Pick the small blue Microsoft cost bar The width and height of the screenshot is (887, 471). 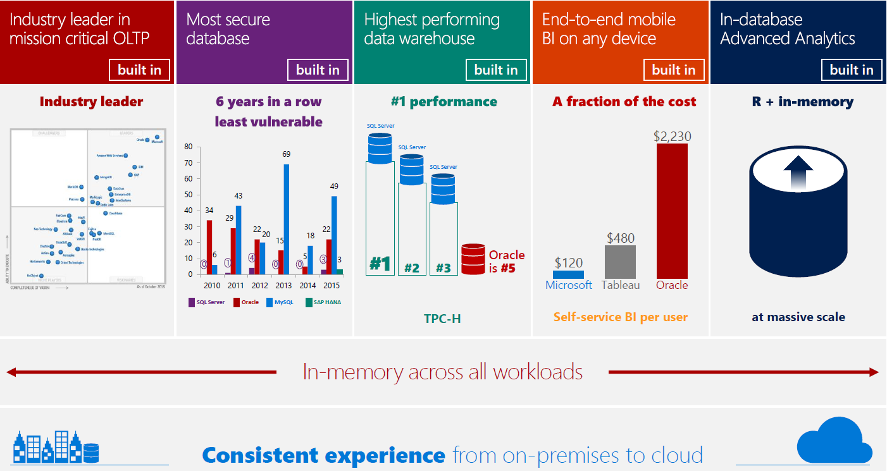click(x=568, y=275)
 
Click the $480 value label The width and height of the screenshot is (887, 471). click(x=620, y=238)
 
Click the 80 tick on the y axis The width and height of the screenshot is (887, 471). click(x=189, y=147)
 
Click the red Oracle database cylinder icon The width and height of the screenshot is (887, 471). click(x=473, y=259)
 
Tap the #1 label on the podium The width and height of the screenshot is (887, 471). click(x=380, y=264)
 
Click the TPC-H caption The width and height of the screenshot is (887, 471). click(x=442, y=319)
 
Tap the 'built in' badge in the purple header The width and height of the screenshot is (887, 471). click(x=318, y=70)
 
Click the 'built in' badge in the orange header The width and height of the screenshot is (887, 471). click(x=673, y=70)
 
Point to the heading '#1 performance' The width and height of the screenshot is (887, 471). click(x=443, y=102)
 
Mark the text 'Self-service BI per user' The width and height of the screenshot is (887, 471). click(x=620, y=317)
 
